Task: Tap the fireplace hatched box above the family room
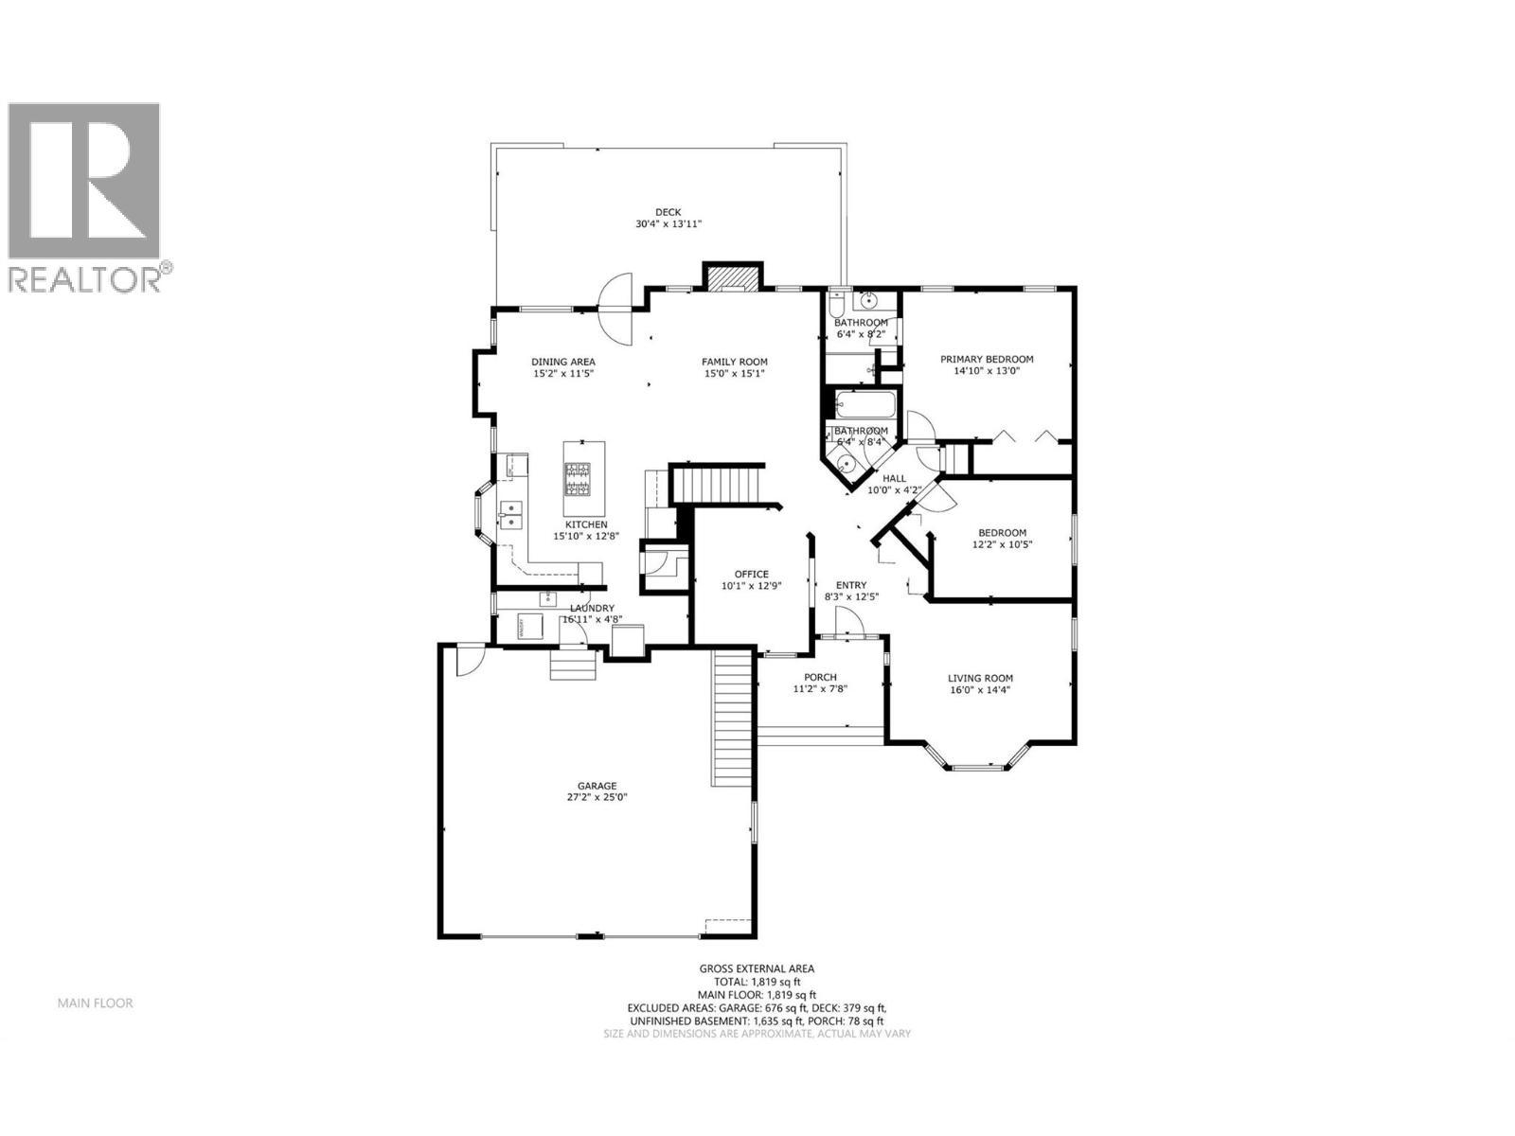(730, 277)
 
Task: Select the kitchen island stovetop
(579, 478)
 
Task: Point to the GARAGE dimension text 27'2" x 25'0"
(597, 797)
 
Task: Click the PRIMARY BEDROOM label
(986, 359)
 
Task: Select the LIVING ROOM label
(980, 678)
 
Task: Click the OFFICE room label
(752, 574)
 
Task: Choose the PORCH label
(819, 677)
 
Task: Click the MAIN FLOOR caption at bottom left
(95, 1003)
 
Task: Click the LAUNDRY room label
(592, 608)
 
